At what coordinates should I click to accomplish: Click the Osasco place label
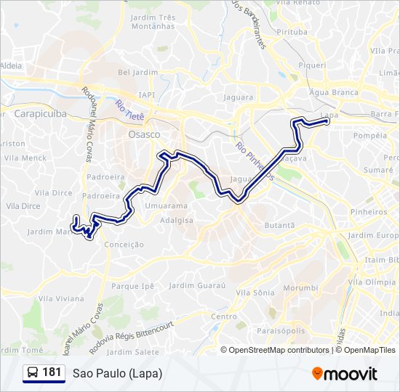pyautogui.click(x=143, y=134)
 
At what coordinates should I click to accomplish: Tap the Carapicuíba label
pyautogui.click(x=40, y=114)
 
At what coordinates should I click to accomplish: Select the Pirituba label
pyautogui.click(x=292, y=32)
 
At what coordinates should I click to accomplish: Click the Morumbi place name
pyautogui.click(x=300, y=287)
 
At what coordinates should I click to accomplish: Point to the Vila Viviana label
pyautogui.click(x=61, y=298)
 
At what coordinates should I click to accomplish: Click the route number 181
pyautogui.click(x=52, y=372)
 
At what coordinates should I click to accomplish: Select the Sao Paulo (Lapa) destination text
pyautogui.click(x=117, y=373)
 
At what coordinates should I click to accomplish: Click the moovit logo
pyautogui.click(x=345, y=373)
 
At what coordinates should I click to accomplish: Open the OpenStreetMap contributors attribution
pyautogui.click(x=279, y=350)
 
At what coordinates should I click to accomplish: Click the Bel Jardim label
pyautogui.click(x=133, y=72)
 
